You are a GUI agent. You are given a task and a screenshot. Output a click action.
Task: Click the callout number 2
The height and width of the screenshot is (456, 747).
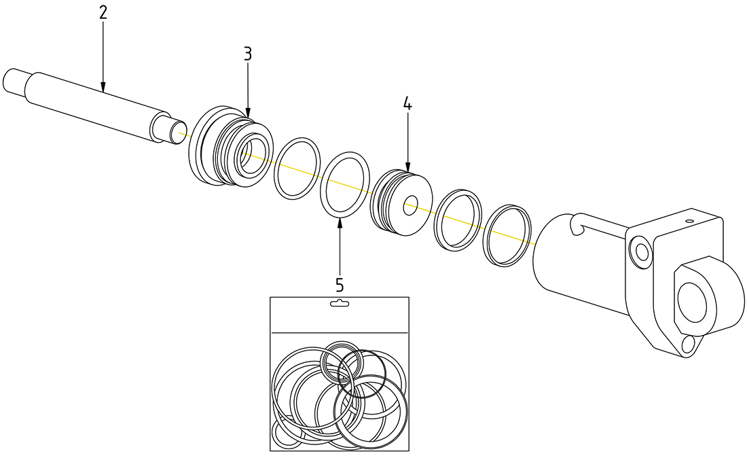(x=103, y=13)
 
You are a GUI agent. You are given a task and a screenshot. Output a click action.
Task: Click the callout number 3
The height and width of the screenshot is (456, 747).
(x=247, y=54)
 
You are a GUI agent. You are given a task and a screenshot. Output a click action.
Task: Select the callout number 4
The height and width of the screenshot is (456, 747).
(x=407, y=103)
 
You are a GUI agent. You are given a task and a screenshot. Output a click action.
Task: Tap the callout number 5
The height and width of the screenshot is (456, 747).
(x=339, y=285)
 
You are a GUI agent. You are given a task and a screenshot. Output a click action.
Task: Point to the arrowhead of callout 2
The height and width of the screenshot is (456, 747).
(x=103, y=87)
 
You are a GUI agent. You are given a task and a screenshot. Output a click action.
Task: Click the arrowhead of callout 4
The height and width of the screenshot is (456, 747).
(x=407, y=166)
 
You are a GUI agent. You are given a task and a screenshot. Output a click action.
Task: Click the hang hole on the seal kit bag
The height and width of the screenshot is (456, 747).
(x=339, y=302)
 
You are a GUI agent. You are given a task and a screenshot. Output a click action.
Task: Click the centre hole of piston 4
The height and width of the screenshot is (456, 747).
(x=411, y=207)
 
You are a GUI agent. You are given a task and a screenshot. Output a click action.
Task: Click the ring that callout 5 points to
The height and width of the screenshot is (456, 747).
(x=345, y=184)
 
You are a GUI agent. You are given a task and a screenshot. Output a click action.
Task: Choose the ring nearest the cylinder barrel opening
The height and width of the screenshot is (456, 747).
(x=507, y=235)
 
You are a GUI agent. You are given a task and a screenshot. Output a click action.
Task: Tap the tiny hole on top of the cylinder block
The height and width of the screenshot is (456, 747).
(x=689, y=222)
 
